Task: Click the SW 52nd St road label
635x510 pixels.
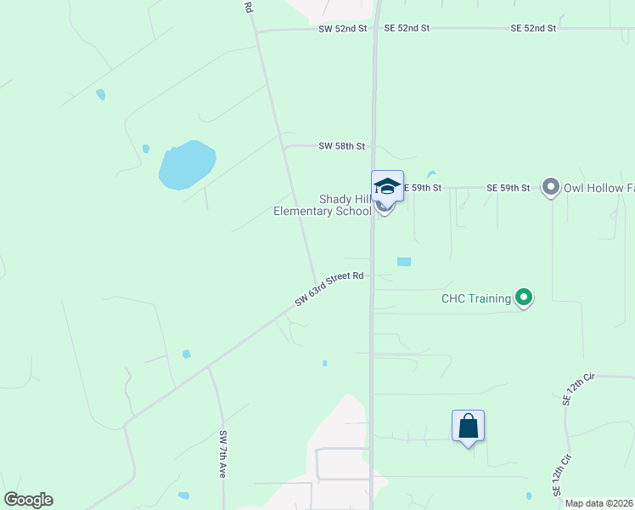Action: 343,28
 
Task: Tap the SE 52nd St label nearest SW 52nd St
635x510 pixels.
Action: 407,28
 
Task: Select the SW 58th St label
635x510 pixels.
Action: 342,146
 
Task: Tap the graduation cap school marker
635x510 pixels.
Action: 387,185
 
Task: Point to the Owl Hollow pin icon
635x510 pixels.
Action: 551,187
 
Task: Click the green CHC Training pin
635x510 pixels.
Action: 524,297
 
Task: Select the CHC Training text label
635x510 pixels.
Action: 475,298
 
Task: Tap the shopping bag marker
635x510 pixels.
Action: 468,426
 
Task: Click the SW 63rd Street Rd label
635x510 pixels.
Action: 329,289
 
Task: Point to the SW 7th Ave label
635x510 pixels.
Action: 222,455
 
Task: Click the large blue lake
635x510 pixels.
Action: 187,164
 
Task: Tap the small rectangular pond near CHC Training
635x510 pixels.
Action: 403,262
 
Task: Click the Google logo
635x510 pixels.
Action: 28,500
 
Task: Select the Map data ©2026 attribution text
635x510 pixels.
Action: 598,503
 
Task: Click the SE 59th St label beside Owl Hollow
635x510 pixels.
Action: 508,187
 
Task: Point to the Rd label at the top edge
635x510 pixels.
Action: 248,7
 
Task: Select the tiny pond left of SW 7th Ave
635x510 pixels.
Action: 186,354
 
